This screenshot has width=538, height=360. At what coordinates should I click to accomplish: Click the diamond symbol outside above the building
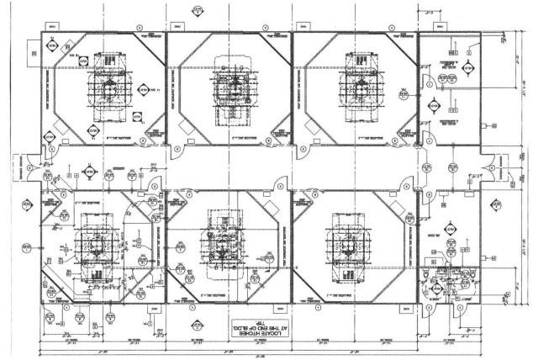[197, 11]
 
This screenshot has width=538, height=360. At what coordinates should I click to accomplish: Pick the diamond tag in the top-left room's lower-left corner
[92, 131]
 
